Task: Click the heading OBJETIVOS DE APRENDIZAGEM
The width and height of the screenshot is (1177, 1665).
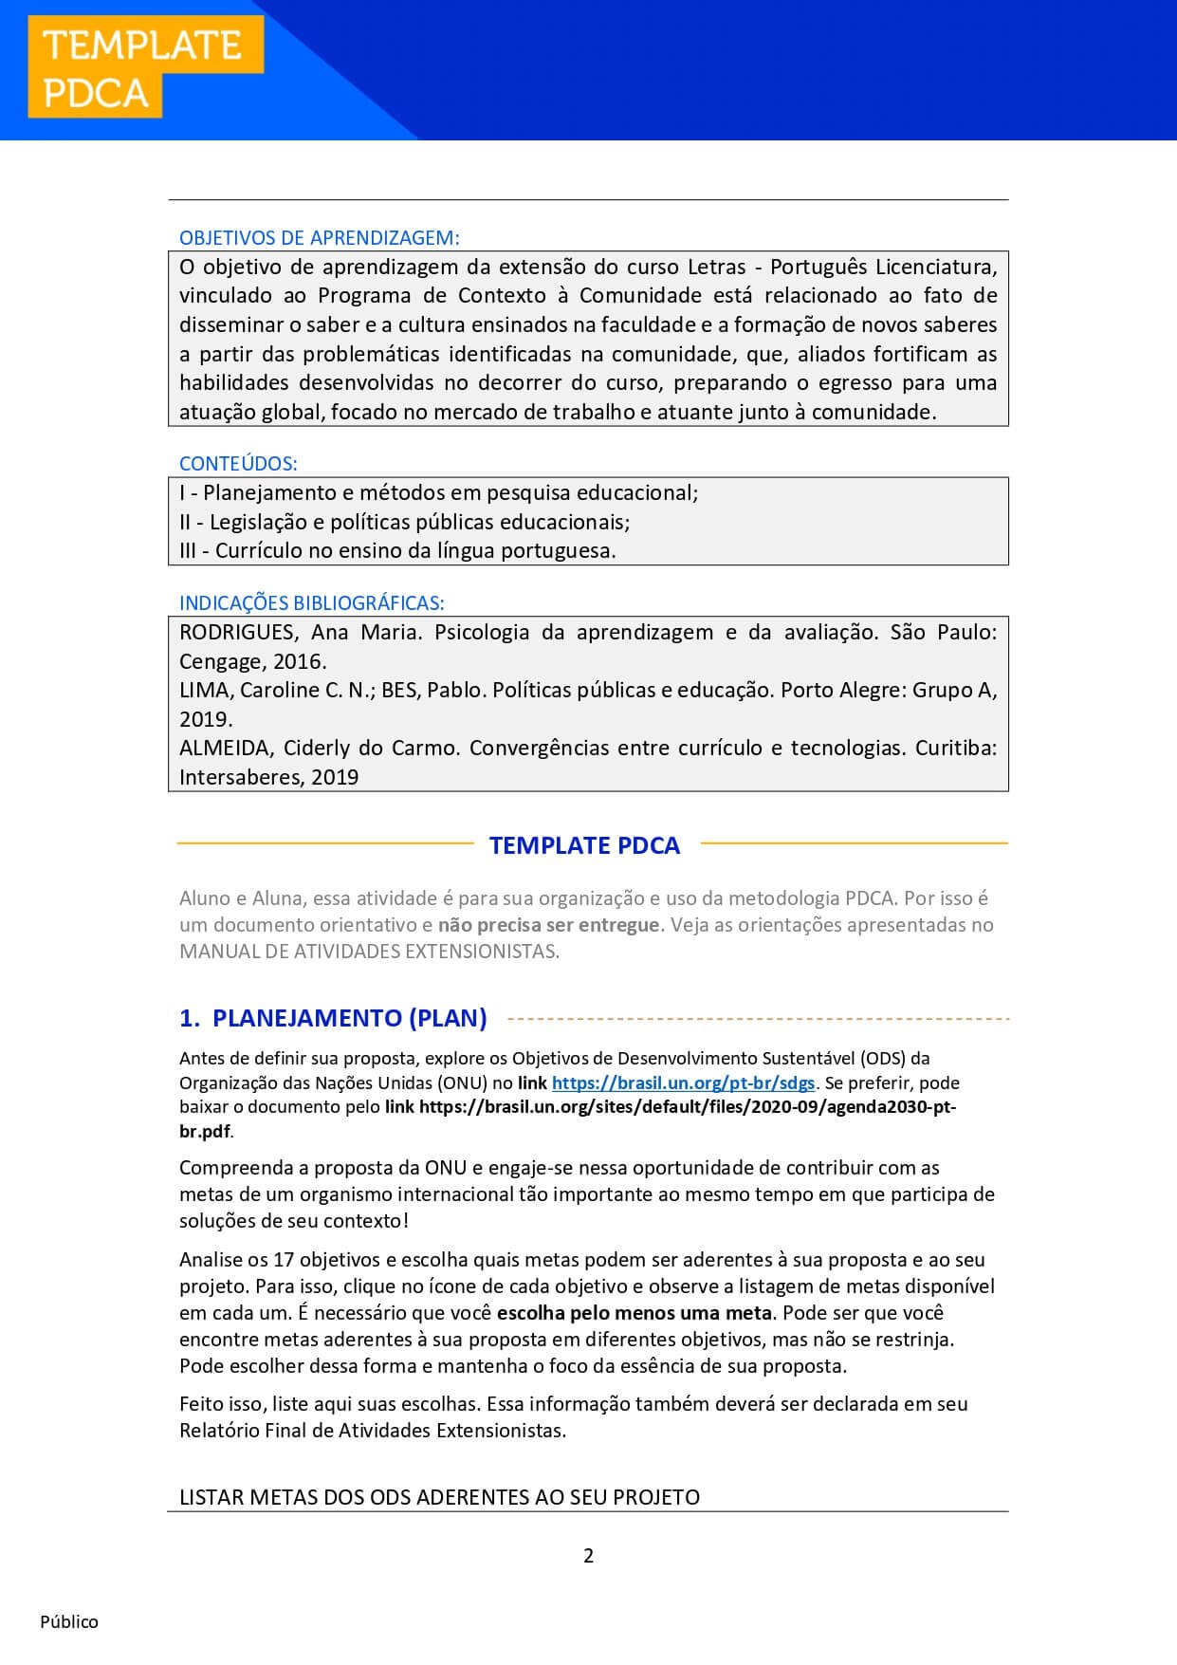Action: [x=319, y=238]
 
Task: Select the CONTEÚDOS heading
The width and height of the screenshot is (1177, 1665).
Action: [x=238, y=464]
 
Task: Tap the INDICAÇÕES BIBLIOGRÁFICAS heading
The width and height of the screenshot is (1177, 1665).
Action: [x=311, y=603]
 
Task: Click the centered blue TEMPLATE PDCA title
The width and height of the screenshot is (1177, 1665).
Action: [x=584, y=845]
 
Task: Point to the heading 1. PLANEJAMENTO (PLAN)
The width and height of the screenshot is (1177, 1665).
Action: [x=333, y=1018]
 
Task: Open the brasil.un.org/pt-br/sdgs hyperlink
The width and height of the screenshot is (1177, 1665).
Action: [x=683, y=1082]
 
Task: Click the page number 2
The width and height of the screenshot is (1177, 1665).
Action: [x=588, y=1555]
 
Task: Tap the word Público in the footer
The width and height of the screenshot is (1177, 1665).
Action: [x=69, y=1621]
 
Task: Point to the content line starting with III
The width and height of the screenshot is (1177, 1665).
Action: [x=397, y=550]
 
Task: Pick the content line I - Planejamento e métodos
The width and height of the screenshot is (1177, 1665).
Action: [x=438, y=492]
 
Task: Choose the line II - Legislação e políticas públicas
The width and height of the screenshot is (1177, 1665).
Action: [x=404, y=522]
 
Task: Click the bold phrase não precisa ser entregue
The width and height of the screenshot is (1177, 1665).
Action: [x=548, y=925]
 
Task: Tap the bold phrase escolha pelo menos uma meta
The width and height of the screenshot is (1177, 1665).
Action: [x=635, y=1313]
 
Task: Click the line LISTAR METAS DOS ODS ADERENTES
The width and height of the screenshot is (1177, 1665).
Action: [x=439, y=1497]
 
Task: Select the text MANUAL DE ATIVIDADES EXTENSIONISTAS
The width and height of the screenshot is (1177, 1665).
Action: [x=369, y=952]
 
